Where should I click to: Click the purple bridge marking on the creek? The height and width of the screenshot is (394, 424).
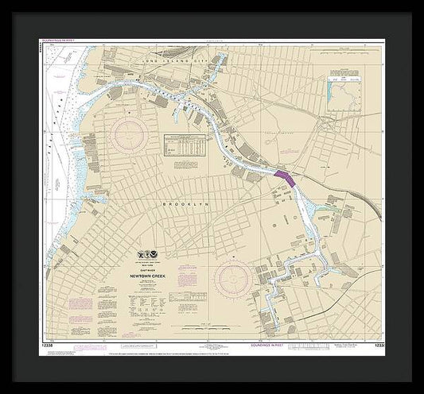(284, 177)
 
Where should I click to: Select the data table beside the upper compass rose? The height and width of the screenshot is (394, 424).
(185, 147)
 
